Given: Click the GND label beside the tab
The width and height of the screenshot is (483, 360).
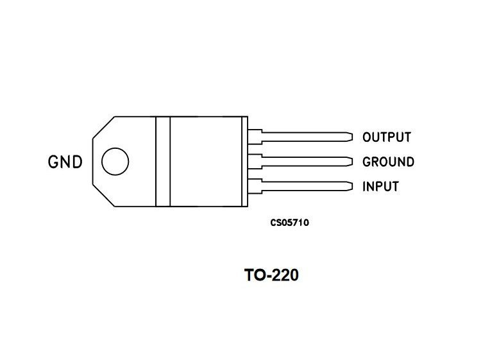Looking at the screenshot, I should [65, 162].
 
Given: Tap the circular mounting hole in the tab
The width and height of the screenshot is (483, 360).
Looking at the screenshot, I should [115, 161].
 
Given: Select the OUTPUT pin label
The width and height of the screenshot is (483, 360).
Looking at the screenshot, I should [386, 137].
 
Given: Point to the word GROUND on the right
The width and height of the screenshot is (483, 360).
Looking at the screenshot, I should [387, 162].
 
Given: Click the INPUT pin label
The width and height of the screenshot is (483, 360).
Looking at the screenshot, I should [380, 187].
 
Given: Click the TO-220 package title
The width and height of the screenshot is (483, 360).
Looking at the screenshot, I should [271, 276].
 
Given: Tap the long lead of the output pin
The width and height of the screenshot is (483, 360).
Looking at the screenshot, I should [305, 137].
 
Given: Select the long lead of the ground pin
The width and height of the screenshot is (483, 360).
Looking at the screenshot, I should [305, 161].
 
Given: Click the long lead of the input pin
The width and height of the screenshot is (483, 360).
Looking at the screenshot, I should [305, 186].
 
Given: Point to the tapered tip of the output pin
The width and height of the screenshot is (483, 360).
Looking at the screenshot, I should [350, 137].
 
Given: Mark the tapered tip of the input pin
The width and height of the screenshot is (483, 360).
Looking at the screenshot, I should [350, 186].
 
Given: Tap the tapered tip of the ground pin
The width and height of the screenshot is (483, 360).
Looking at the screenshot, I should [350, 161].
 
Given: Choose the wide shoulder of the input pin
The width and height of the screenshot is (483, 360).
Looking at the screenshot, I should [255, 186].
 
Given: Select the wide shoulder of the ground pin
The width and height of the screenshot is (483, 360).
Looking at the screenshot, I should [255, 161].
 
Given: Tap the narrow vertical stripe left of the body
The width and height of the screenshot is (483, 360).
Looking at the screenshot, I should [162, 161].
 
